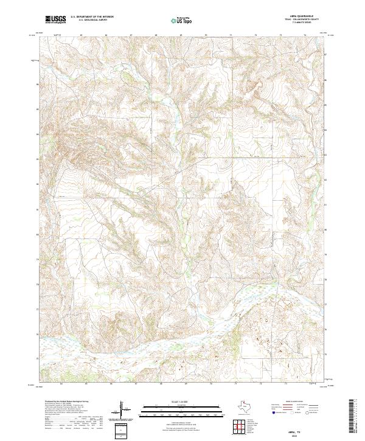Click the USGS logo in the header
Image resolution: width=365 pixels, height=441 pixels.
55,20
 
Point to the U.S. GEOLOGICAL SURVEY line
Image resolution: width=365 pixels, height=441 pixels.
89,21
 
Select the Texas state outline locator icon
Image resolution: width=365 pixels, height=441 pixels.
249,406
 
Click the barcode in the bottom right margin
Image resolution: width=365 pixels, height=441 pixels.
356,417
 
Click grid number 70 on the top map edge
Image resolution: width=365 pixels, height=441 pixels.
206,36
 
